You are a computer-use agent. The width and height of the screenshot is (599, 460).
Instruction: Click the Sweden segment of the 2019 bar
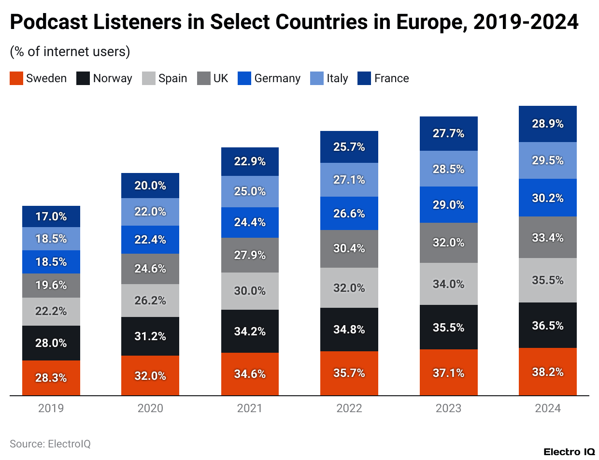51,378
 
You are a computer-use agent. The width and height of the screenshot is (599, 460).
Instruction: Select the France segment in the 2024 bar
547,124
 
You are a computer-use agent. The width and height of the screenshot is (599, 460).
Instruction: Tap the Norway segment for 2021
250,331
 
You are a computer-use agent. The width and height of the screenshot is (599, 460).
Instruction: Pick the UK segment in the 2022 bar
349,248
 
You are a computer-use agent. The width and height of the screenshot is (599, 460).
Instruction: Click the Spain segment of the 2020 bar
150,300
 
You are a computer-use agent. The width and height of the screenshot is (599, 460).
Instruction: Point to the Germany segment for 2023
448,204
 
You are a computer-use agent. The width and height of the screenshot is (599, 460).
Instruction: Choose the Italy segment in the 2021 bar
250,191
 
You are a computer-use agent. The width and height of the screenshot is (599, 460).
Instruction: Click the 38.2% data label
547,373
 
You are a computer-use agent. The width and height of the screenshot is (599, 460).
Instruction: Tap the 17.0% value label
51,216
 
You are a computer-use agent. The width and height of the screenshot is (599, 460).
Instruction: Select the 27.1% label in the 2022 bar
349,180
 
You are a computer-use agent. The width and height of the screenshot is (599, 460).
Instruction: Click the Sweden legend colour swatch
16,78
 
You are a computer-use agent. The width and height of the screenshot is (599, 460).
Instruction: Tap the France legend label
391,78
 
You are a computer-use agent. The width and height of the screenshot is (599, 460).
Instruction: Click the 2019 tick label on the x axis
51,408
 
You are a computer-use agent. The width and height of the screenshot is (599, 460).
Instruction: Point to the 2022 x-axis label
349,408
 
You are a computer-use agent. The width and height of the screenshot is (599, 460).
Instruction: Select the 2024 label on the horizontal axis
547,408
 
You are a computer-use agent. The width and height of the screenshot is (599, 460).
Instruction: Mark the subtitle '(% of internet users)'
70,52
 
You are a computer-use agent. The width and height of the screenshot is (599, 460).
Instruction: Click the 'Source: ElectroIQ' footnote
50,444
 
